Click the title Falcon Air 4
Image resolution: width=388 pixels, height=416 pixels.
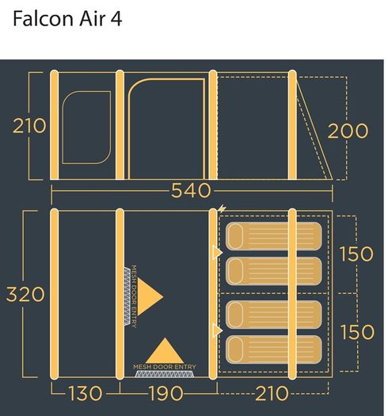pos(67,18)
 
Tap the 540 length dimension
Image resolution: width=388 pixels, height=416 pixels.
pos(191,190)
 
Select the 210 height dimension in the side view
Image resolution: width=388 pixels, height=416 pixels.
pos(29,125)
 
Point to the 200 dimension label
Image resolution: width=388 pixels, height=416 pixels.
pos(348,131)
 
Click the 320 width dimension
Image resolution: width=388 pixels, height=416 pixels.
pos(25,294)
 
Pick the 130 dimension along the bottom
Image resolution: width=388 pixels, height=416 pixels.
pos(86,393)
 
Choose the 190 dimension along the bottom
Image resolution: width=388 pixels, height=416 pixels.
pos(166,393)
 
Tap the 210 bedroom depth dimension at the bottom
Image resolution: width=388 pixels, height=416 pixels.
pos(272,393)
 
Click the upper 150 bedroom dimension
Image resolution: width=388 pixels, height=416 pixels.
pos(356,254)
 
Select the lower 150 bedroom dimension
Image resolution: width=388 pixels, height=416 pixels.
pos(357,332)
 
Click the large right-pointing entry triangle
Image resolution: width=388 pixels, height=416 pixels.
pos(149,296)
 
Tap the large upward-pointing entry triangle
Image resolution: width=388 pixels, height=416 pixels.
pos(165,352)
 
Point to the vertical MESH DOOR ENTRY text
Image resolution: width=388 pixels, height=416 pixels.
pos(134,296)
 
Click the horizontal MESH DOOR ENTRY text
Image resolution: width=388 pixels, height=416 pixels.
pos(165,367)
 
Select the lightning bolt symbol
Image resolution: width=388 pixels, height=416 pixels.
pos(222,209)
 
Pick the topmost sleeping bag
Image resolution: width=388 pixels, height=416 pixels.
pos(274,236)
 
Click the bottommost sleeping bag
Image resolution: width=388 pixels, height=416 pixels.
pos(274,349)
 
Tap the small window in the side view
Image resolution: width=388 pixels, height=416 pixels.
pos(86,128)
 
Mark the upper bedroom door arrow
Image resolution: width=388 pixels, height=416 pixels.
pos(217,252)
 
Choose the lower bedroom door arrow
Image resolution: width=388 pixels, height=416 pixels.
pos(217,330)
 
